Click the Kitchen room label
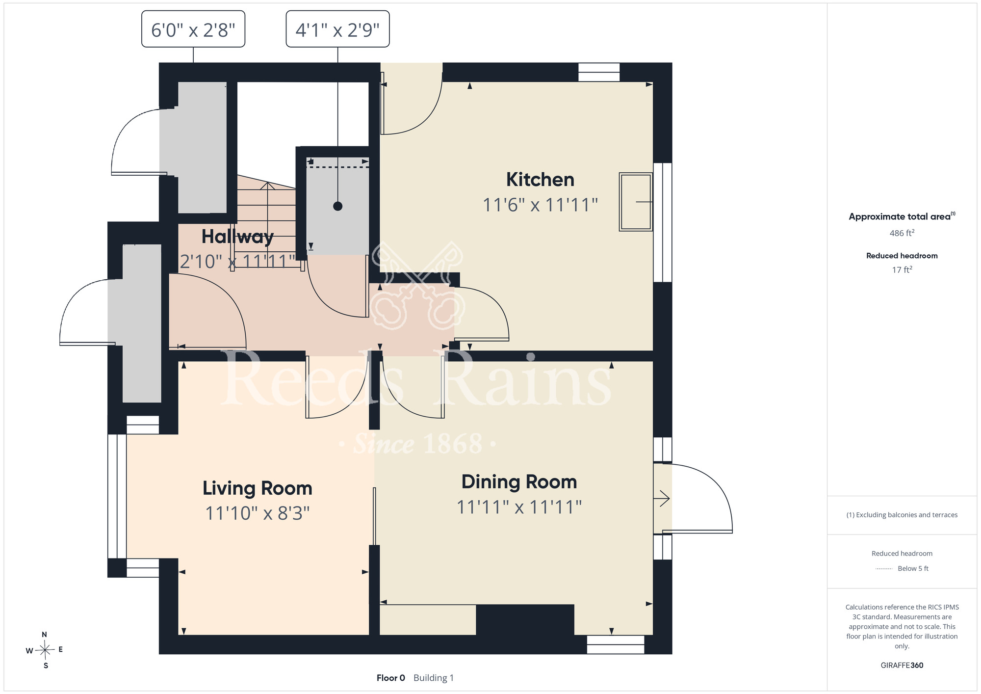(x=540, y=180)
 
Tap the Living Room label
(x=258, y=488)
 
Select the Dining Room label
(x=519, y=482)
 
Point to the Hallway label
(x=237, y=237)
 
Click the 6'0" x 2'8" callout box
(x=193, y=29)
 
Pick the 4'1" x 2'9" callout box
(x=337, y=29)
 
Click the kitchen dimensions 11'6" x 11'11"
(x=540, y=205)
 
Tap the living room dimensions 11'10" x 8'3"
(x=258, y=513)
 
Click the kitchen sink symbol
(x=636, y=202)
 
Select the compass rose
(x=45, y=650)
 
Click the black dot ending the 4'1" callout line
(x=337, y=206)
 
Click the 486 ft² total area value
(x=902, y=233)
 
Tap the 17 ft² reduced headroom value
(x=902, y=269)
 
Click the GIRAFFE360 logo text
(x=902, y=666)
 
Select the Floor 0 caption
(x=390, y=678)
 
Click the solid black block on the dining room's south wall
(x=525, y=620)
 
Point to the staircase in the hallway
(x=267, y=221)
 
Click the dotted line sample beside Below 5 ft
(x=884, y=569)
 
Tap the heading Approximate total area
(x=900, y=216)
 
